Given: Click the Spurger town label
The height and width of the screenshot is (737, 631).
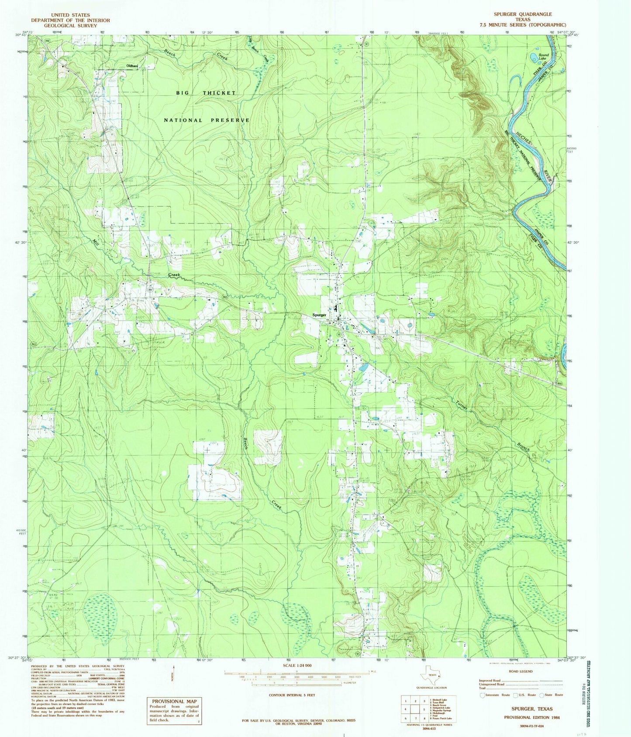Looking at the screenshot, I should pos(319,315).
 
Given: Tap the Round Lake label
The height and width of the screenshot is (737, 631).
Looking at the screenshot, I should pos(543,57).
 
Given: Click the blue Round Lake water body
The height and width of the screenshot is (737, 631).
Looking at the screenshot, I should pos(534,57).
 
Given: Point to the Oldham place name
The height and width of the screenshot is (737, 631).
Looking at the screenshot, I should pos(132,66).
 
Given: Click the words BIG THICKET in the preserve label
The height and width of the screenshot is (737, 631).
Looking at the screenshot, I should pos(206,93).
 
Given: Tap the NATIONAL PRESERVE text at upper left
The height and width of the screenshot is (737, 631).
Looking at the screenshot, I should pos(207,120).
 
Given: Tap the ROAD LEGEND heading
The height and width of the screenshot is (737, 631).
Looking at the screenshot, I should pos(521,671).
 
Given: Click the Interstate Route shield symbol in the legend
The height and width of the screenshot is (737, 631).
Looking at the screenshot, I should pos(482,695).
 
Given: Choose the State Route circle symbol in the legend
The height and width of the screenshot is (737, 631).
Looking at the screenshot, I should pos(542,695).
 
